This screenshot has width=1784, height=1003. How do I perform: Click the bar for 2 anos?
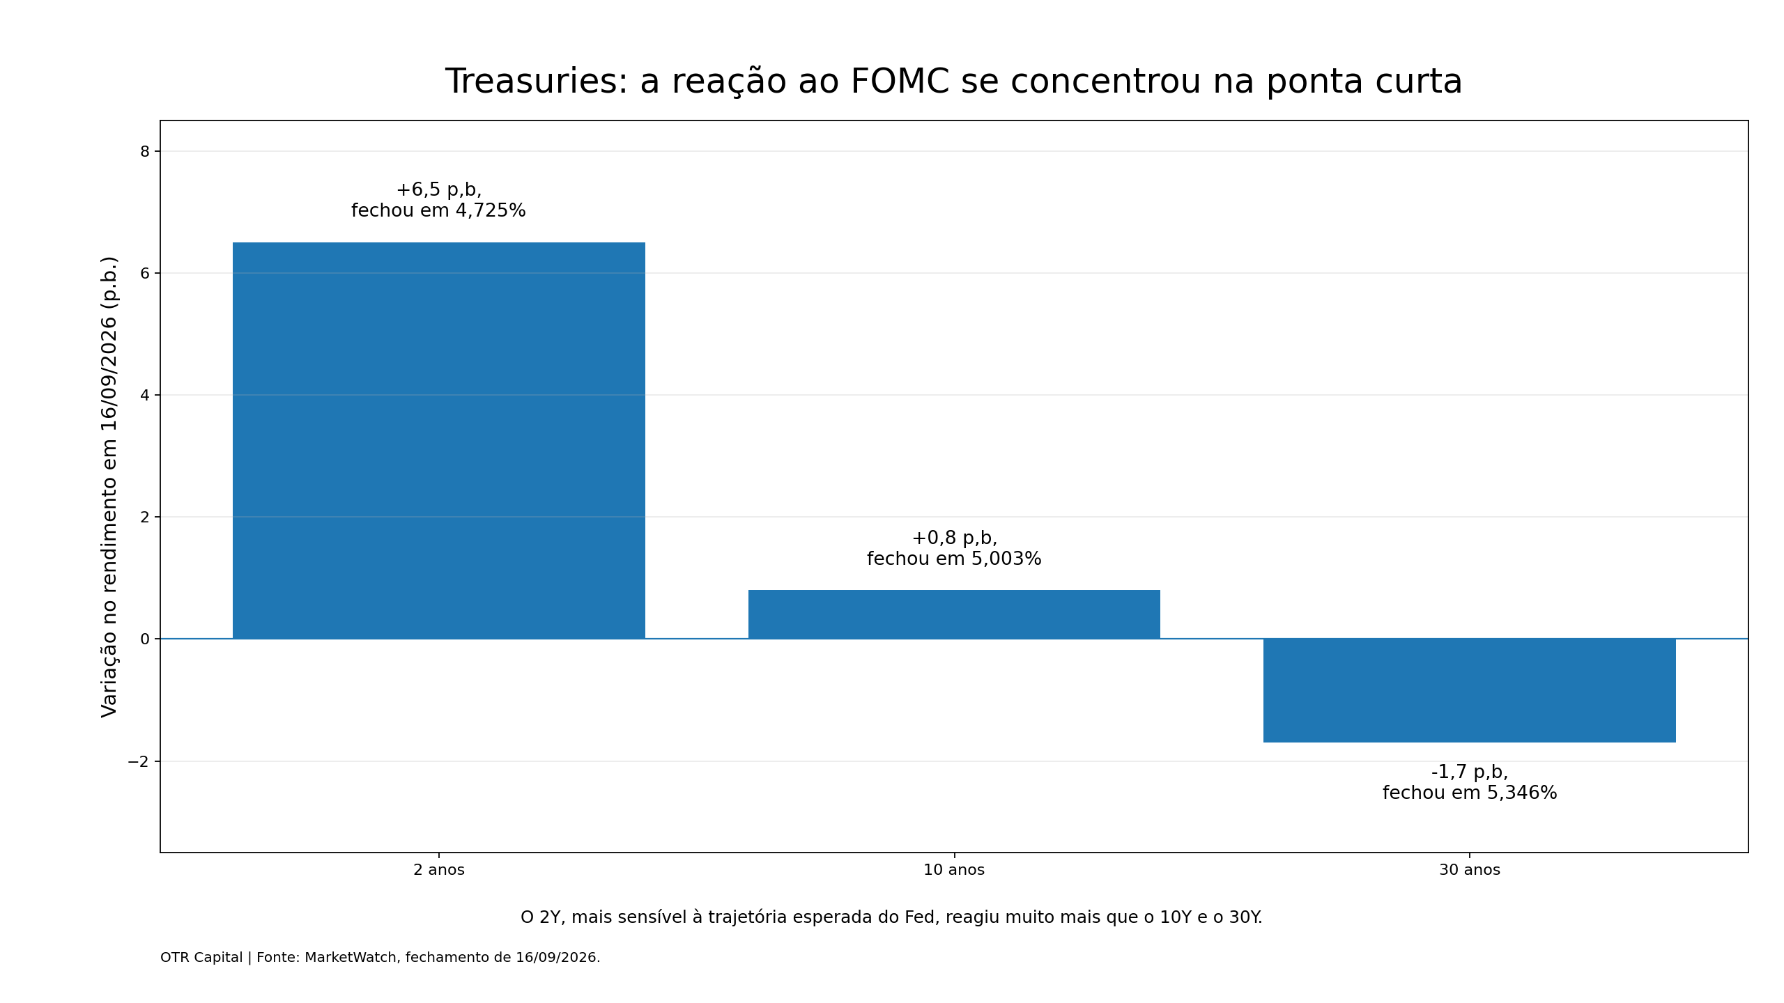coord(439,440)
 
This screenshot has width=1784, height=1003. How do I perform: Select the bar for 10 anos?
coord(954,614)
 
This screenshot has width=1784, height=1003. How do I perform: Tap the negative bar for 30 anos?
coord(1470,690)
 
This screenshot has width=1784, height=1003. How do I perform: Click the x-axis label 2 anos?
coord(439,870)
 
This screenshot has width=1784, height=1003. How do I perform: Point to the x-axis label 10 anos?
coord(954,870)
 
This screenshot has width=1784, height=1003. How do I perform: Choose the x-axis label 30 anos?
coord(1470,870)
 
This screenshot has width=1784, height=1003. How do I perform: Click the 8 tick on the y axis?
coord(145,152)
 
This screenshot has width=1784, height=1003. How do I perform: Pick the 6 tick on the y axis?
coord(145,273)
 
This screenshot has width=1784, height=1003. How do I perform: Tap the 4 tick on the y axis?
coord(145,395)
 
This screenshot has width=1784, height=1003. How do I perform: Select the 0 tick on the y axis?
coord(145,639)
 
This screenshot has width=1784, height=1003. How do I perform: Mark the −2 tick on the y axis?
coord(139,761)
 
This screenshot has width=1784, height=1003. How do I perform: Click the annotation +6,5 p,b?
coord(439,190)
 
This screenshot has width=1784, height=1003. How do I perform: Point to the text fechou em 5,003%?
coord(954,559)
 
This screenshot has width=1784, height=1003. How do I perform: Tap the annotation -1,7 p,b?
coord(1470,772)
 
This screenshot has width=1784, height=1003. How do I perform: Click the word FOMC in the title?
coord(900,81)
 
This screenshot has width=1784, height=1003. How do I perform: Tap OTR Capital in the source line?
coord(201,958)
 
